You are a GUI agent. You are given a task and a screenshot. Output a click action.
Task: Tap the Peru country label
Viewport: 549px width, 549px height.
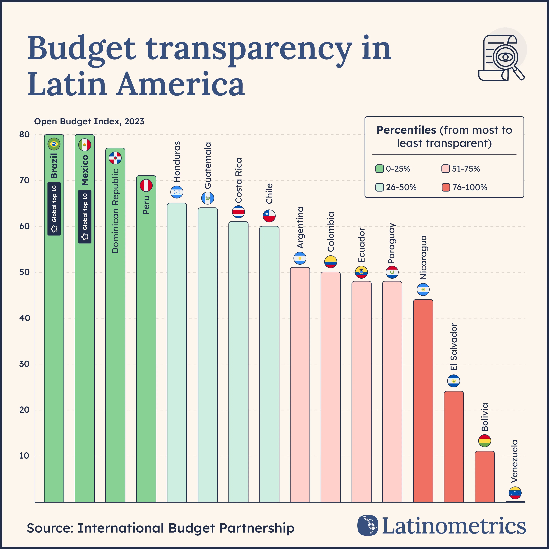pos(146,205)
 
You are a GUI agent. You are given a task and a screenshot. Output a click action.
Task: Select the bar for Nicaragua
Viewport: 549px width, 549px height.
pos(423,401)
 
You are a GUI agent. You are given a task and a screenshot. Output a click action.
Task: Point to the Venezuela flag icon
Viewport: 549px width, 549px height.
pos(515,493)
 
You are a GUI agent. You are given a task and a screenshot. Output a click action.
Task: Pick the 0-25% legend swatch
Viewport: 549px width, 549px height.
pos(379,169)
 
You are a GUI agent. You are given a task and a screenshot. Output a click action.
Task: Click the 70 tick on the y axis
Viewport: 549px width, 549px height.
pos(24,180)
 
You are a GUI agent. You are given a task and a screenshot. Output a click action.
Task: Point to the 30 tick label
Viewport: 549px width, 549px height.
pos(24,364)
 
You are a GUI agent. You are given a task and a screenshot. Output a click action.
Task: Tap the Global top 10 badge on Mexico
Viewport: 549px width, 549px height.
pos(85,217)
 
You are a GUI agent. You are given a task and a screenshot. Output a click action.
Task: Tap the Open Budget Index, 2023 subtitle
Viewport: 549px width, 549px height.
pos(89,122)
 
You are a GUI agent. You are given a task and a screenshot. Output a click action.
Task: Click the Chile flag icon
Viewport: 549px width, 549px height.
pos(269,216)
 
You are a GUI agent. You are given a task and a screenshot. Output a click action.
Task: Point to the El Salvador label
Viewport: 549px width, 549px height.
pos(454,347)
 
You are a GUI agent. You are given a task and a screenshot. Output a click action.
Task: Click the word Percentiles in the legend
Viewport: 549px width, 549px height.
pos(406,130)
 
